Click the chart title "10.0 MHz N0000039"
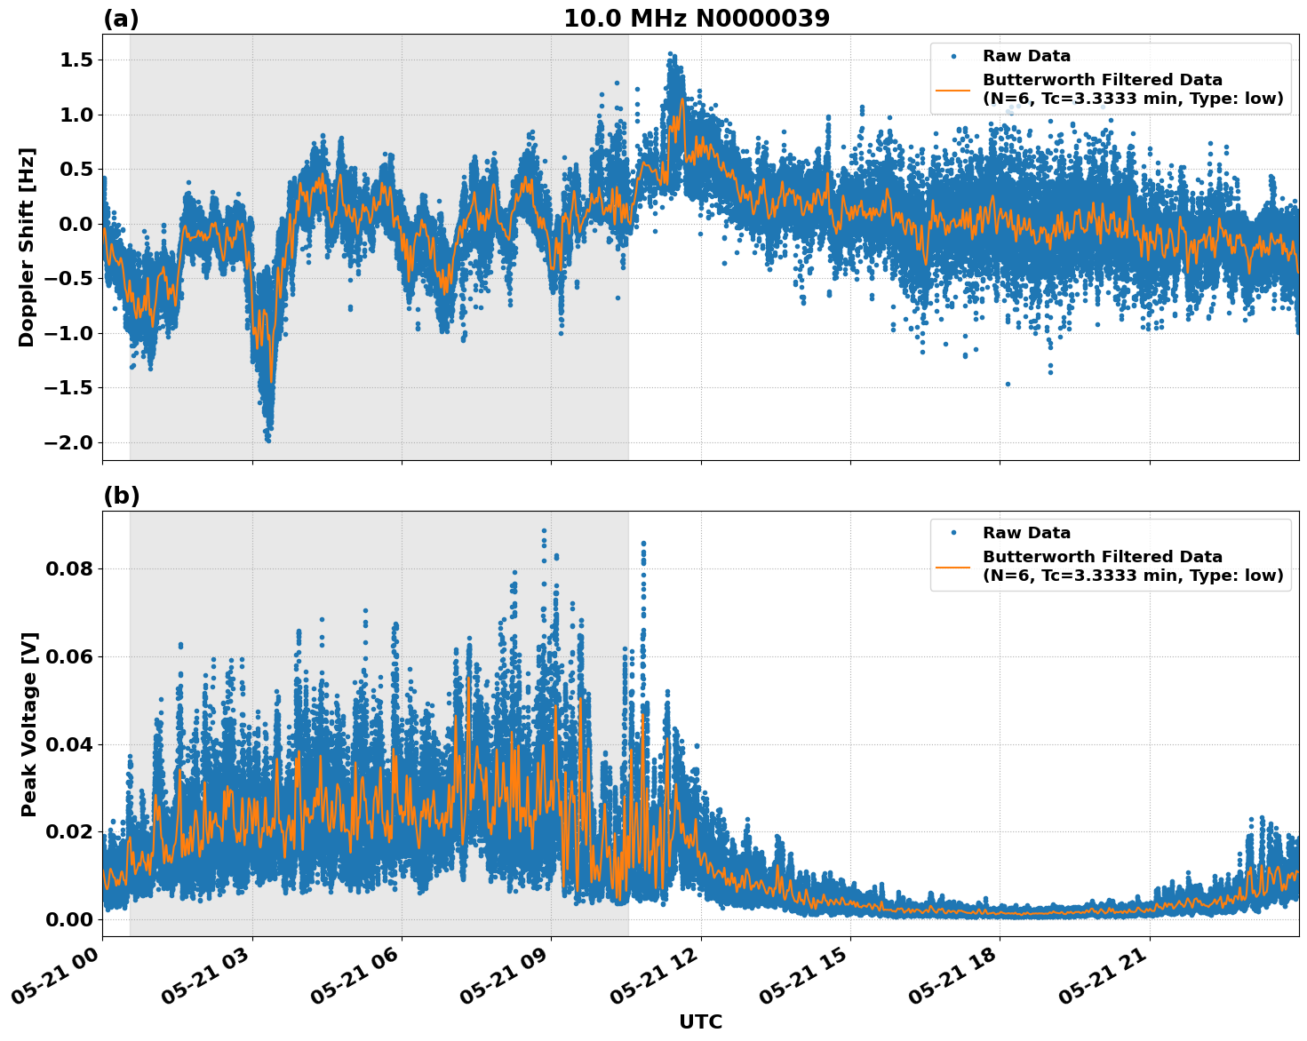697,19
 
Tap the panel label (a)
121,19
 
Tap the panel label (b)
121,496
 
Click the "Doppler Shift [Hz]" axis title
27,247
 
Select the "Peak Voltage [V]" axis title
29,724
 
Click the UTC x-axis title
700,1021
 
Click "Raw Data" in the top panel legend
1026,56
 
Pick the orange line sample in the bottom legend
952,566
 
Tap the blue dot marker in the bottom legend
952,533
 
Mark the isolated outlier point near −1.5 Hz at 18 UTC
1008,384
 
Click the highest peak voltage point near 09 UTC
544,530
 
